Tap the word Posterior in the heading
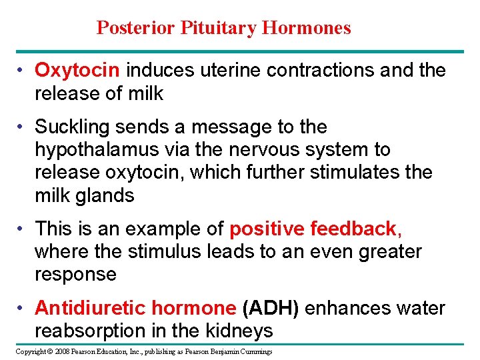point(136,28)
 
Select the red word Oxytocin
point(77,71)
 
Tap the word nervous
point(261,150)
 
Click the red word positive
point(267,229)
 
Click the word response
point(75,275)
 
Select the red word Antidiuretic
point(90,309)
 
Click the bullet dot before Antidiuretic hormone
point(22,309)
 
